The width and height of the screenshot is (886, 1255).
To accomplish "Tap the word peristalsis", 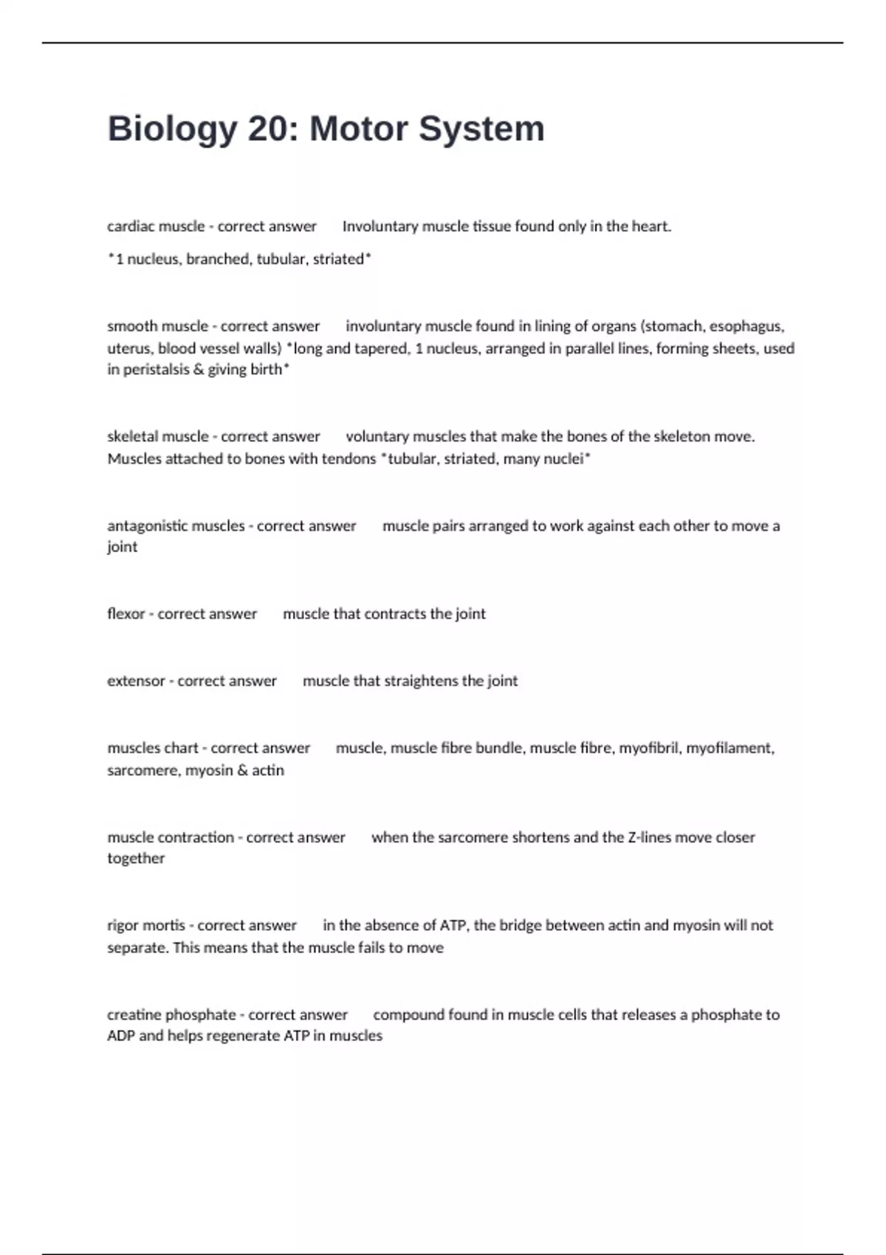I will tap(156, 369).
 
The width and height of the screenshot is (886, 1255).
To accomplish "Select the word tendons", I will tap(348, 459).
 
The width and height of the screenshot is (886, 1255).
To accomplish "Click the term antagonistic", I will tap(145, 526).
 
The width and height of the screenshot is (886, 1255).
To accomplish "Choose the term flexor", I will tap(126, 614).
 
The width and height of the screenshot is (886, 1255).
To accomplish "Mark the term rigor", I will tap(123, 926).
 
